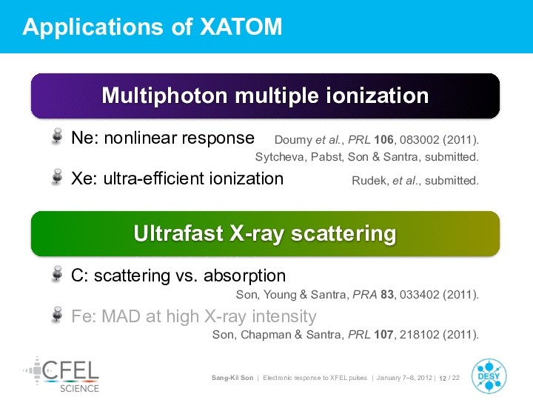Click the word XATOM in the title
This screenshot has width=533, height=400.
pos(241,27)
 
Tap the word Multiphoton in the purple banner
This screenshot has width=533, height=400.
pos(164,96)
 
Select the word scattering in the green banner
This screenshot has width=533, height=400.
pos(343,234)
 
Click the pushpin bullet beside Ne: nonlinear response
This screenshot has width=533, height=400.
pos(57,136)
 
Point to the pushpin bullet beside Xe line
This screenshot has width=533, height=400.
pos(57,177)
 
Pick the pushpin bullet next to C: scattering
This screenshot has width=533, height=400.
pos(57,274)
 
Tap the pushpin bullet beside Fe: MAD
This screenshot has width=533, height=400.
pos(57,314)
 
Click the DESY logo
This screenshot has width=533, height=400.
pos(489,376)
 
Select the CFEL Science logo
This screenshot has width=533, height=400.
pos(61,375)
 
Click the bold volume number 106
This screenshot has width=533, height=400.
pos(383,140)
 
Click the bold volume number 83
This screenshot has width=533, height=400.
pos(387,295)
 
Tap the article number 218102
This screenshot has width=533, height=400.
pos(420,335)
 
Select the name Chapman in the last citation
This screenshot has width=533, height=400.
pos(266,335)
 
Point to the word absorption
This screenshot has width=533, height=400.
pos(245,276)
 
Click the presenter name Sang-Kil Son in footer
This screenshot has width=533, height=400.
pos(232,378)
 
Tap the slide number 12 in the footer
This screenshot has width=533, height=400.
pos(443,379)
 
